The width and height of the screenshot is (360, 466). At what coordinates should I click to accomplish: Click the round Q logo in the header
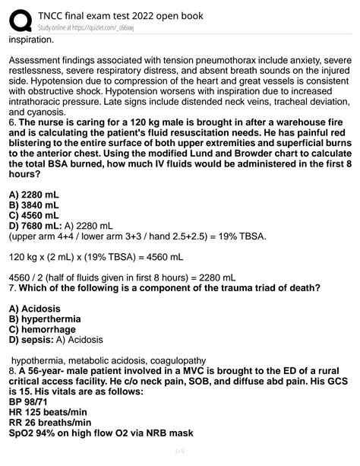click(x=21, y=21)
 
